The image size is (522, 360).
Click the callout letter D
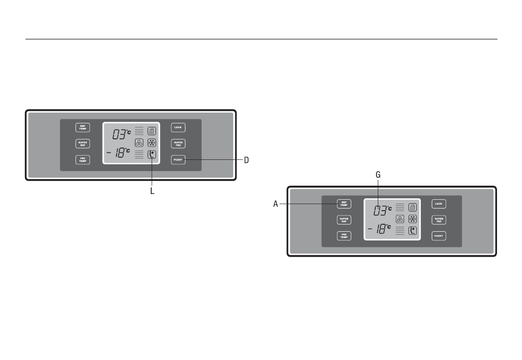[x=246, y=160]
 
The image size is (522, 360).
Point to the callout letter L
[x=152, y=191]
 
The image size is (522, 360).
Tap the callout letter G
[x=378, y=174]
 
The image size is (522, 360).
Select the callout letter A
[x=276, y=204]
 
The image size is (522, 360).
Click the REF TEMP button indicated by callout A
[x=344, y=204]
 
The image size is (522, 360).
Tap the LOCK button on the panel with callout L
[x=178, y=127]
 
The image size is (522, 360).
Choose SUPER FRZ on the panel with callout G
[x=439, y=219]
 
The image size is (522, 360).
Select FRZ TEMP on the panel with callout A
[x=344, y=236]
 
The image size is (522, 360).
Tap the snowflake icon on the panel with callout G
[x=412, y=219]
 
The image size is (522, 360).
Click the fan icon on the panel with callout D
[x=139, y=143]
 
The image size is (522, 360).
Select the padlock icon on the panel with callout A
[x=412, y=207]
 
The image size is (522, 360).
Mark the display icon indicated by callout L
[x=152, y=154]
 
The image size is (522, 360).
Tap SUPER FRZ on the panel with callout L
[x=178, y=144]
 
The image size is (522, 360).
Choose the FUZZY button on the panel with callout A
[x=439, y=236]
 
